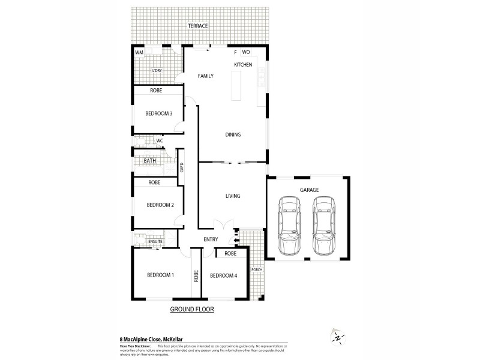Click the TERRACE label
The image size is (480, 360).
point(197,26)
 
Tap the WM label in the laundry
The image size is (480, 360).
point(139,53)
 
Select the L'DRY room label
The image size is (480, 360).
point(157,71)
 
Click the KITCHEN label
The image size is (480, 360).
point(242,64)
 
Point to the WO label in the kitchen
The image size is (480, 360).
point(246,53)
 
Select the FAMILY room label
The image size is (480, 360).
point(206,76)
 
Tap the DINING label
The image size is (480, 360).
point(233,134)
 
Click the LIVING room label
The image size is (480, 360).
point(233,196)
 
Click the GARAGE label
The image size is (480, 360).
point(310,190)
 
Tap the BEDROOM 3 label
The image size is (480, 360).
point(159,114)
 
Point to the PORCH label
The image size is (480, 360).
point(257,269)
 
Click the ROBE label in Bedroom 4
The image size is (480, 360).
point(230,254)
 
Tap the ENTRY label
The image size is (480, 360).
point(211,239)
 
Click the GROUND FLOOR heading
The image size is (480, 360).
point(192,310)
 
